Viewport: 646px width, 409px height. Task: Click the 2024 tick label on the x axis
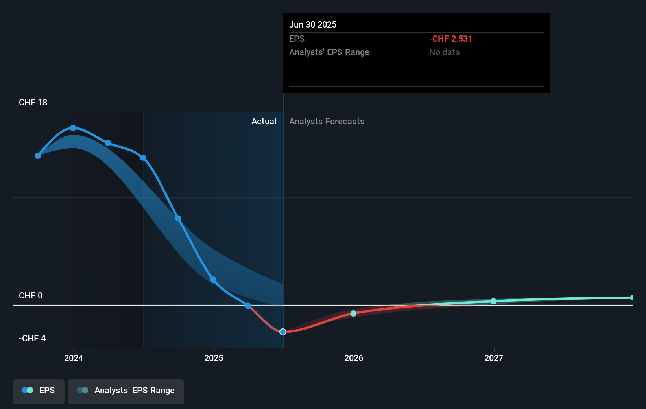[74, 358]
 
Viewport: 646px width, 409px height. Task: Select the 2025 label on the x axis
[214, 358]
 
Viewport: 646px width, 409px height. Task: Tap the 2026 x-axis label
[354, 358]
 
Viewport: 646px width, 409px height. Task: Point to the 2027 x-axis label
[494, 358]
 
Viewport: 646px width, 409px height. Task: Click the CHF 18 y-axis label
[33, 103]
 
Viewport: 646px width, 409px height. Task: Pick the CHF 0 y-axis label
[31, 296]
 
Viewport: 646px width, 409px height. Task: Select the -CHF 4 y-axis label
[32, 339]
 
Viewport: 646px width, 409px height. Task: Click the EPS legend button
[39, 391]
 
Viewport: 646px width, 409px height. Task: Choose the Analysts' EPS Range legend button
[126, 391]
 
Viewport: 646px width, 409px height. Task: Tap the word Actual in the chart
[264, 122]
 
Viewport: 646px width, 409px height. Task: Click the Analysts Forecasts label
[327, 122]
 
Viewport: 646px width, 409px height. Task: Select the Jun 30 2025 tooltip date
[313, 25]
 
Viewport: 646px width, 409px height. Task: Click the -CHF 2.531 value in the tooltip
[450, 39]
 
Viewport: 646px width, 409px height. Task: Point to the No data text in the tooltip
[444, 52]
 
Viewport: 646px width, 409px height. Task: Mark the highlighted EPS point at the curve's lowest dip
[283, 332]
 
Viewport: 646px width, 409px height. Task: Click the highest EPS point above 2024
[73, 128]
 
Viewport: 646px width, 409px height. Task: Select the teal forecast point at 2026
[353, 313]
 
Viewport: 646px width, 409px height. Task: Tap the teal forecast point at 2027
[493, 301]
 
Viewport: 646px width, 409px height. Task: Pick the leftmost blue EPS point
[38, 156]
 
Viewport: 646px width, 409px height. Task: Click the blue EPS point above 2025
[213, 280]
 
